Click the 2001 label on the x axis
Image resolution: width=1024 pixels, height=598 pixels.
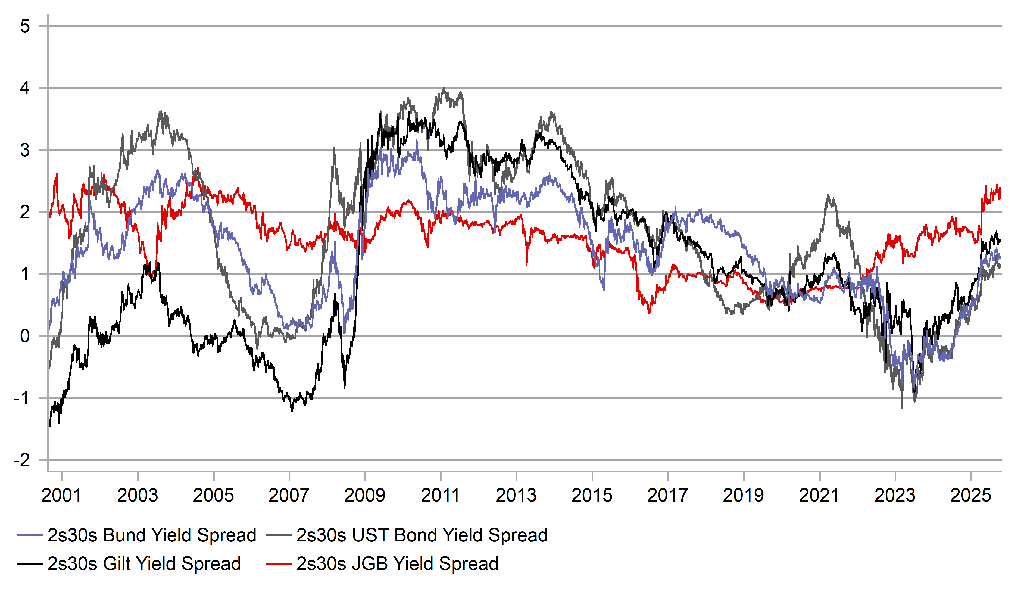coord(61,496)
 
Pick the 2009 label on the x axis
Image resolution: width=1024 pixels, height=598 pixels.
coord(364,496)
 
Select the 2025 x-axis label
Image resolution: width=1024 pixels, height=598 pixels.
coord(971,496)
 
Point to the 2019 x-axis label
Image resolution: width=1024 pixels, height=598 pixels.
coord(743,496)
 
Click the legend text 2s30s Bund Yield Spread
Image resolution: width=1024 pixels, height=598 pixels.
coord(152,535)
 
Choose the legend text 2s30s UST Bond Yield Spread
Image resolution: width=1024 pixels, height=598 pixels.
coord(422,535)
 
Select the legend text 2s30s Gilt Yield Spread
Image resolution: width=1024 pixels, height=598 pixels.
coord(144,564)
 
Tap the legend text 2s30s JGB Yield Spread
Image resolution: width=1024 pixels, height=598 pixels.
coord(397,564)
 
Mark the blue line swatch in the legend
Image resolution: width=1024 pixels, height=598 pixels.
coord(30,535)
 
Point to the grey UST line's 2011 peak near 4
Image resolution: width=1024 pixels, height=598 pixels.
coord(444,88)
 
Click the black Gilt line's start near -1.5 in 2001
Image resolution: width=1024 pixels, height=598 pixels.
coord(49,426)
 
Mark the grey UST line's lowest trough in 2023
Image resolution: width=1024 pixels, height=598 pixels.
coord(903,408)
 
